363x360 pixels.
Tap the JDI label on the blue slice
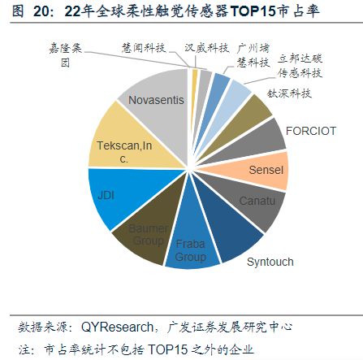106,195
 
